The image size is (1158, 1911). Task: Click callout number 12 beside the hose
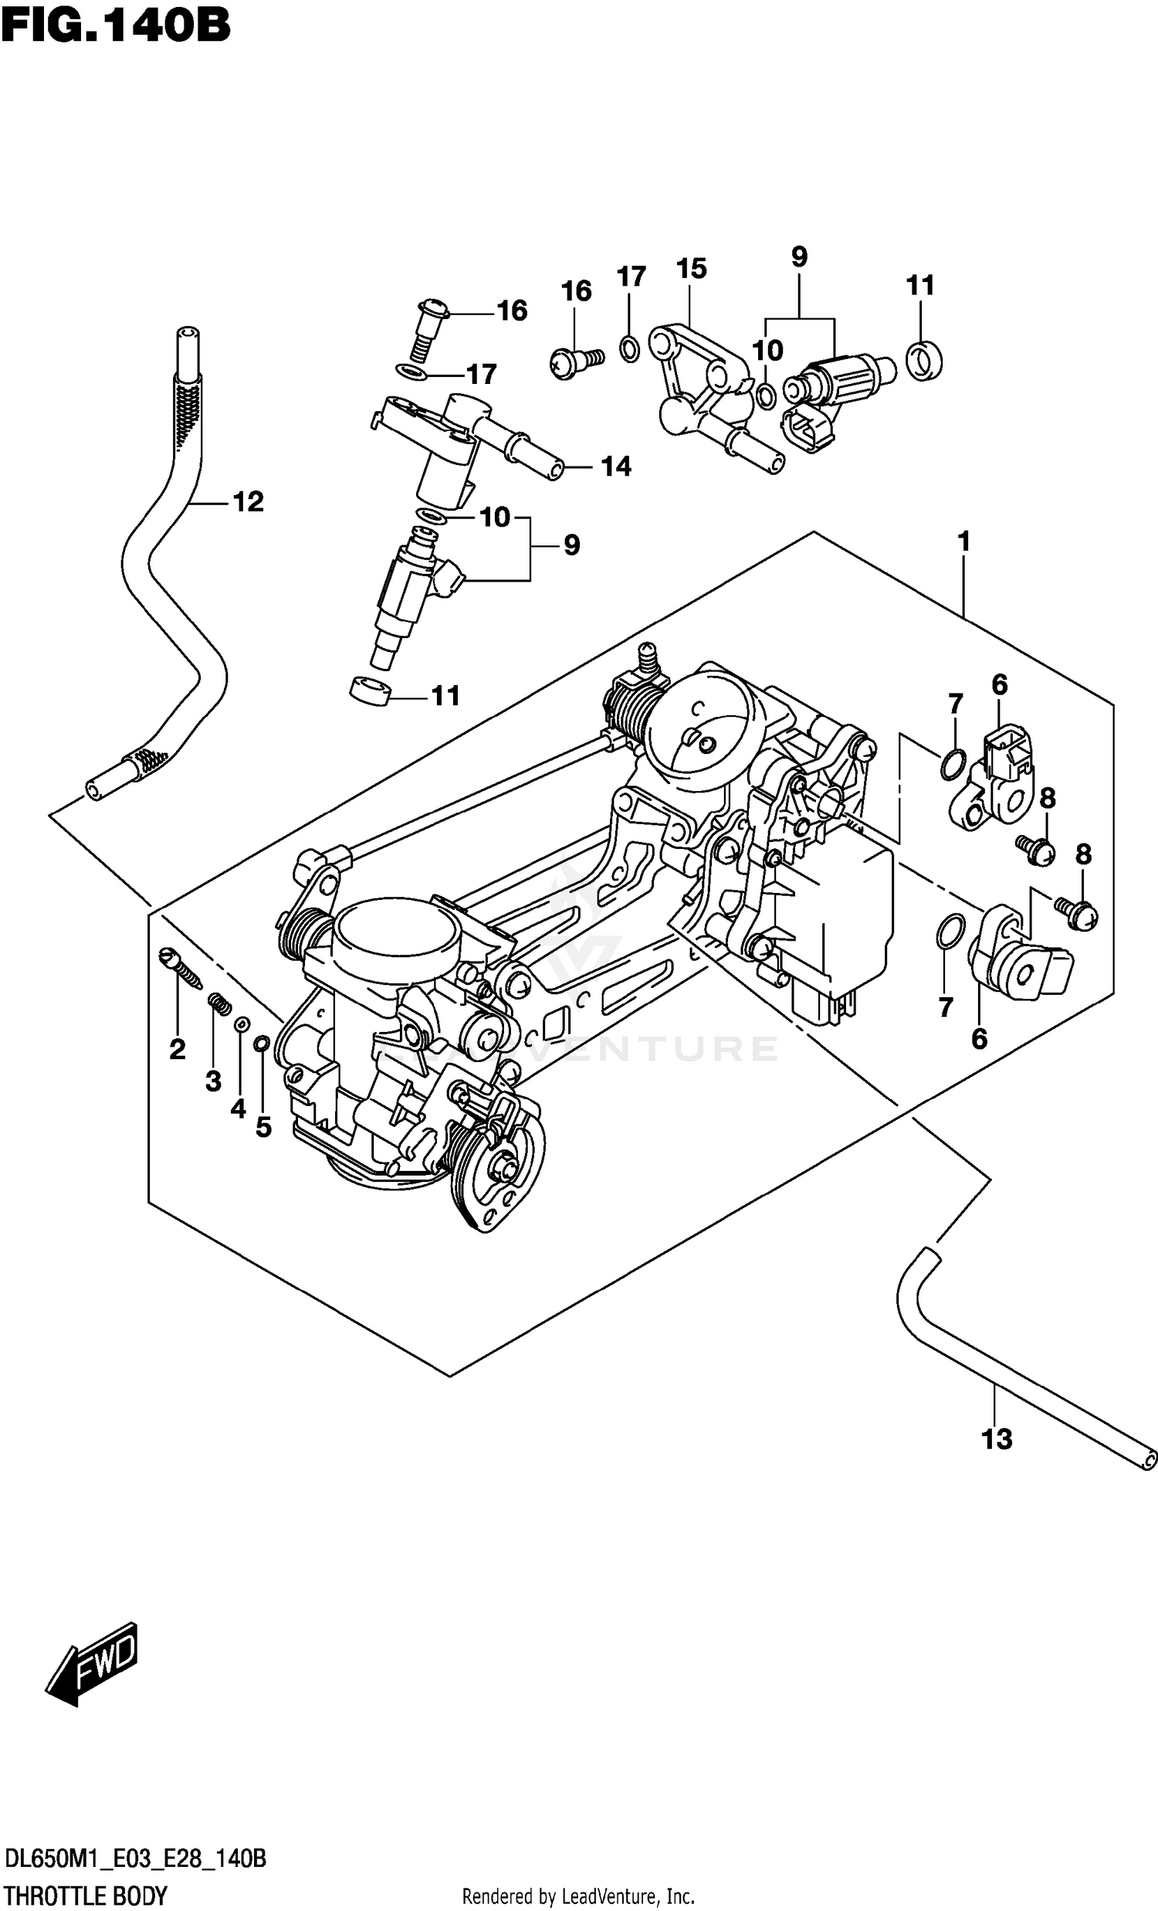coord(248,502)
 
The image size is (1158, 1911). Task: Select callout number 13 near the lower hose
coord(997,1440)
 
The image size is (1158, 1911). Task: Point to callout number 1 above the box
coord(963,541)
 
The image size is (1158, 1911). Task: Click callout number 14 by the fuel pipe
coord(616,466)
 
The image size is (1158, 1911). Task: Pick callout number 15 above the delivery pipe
coord(692,269)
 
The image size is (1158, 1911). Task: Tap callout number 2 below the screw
coord(178,1050)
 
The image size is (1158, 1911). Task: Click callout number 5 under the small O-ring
coord(263,1127)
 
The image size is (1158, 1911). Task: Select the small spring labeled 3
coord(218,1005)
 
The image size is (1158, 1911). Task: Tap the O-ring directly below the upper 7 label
coord(953,763)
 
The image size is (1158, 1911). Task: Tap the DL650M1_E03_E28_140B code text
coord(136,1865)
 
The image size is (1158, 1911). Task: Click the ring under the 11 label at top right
coord(924,360)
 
